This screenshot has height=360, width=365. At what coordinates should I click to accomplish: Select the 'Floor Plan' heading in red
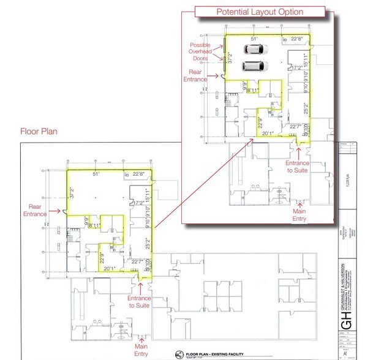[38, 131]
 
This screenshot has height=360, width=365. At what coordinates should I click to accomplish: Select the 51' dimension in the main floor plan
[96, 174]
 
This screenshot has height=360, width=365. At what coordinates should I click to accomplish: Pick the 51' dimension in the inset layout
[254, 39]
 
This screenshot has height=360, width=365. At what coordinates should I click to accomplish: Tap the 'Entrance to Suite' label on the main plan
[140, 302]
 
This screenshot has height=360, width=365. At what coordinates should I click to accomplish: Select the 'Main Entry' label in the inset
[299, 214]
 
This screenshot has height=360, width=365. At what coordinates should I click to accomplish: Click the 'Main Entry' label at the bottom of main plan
[142, 350]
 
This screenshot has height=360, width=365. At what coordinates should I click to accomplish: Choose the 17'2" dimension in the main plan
[139, 203]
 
